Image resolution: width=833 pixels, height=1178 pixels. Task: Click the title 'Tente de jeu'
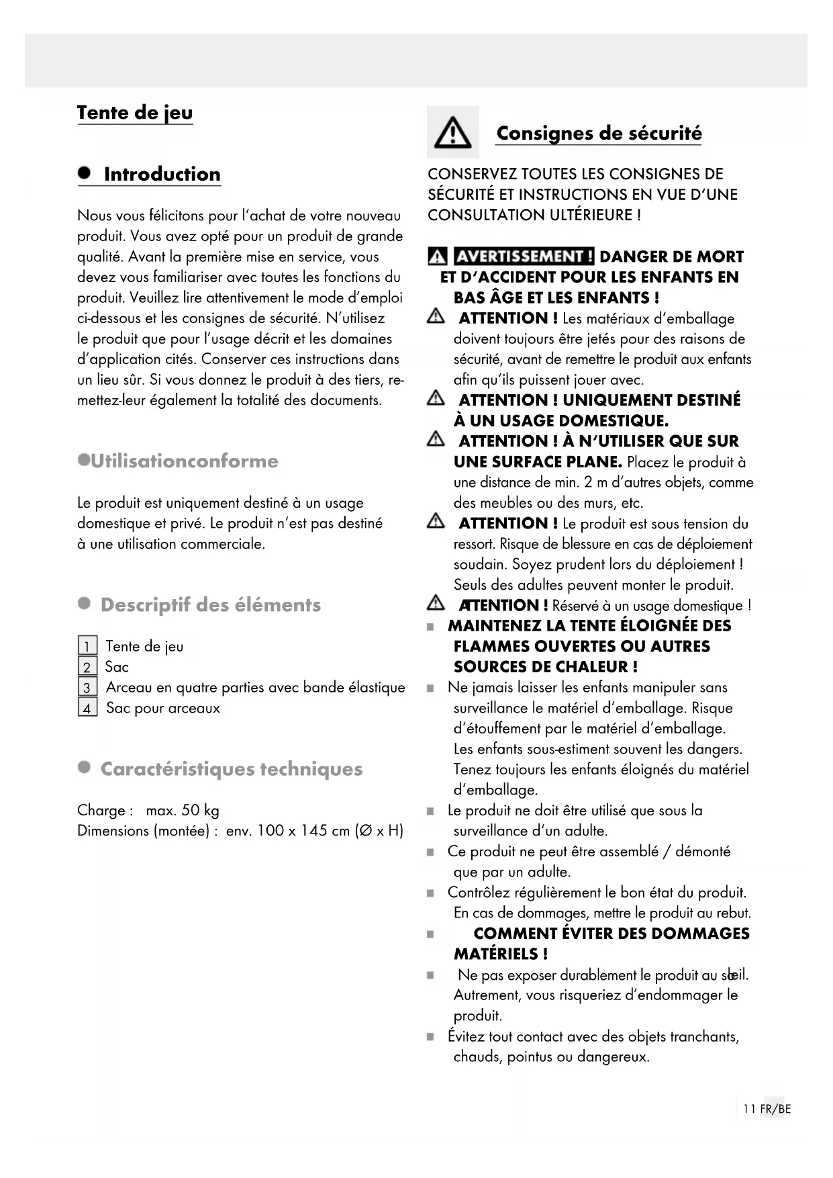(135, 113)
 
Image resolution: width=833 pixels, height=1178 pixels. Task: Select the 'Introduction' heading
(162, 175)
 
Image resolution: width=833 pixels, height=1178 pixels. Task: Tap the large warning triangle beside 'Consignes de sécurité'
(452, 132)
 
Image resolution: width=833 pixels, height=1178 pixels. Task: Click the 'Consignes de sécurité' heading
(599, 133)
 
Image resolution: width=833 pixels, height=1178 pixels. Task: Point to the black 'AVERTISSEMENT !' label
(524, 257)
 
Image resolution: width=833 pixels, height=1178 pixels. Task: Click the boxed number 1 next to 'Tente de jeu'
(87, 647)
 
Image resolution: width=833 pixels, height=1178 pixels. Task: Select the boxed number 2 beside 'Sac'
(87, 667)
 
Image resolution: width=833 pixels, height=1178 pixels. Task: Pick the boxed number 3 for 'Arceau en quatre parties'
(87, 688)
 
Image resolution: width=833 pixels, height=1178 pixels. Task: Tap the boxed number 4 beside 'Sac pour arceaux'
(87, 708)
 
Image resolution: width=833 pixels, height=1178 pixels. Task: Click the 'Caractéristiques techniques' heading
(231, 769)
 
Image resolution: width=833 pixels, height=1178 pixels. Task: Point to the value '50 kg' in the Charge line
(200, 811)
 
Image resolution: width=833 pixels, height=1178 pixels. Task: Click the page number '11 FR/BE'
(767, 1109)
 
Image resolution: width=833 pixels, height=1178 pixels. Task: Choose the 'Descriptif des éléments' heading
(210, 605)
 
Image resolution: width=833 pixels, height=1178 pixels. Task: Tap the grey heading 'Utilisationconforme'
(184, 461)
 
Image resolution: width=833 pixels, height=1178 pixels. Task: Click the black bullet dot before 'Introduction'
(84, 173)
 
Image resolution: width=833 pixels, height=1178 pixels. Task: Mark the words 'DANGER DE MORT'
(671, 257)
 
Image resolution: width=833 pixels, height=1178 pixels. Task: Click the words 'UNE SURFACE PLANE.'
(538, 462)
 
